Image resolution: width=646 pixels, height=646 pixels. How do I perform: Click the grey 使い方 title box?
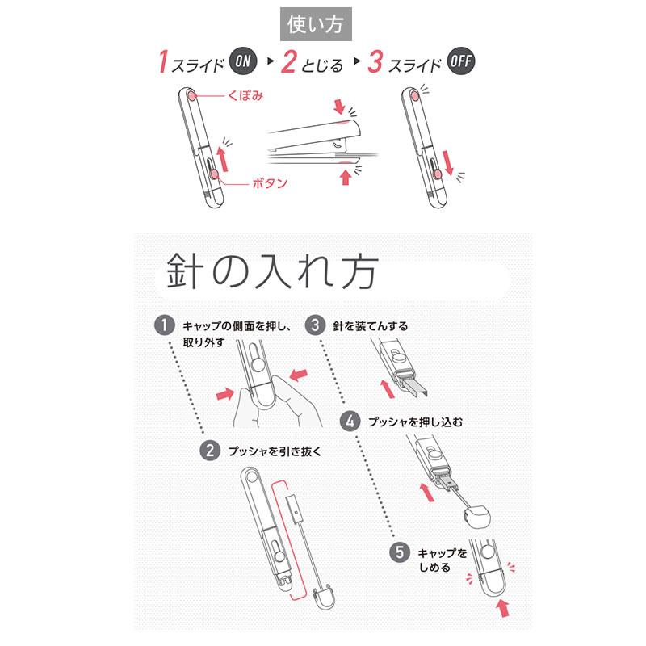tap(316, 24)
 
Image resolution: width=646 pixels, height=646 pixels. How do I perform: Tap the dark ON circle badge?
tap(243, 61)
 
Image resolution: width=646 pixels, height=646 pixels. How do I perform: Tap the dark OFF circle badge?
tap(460, 61)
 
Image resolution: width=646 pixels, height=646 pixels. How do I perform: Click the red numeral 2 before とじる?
tap(289, 62)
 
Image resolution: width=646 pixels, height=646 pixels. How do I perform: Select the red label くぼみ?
tap(245, 96)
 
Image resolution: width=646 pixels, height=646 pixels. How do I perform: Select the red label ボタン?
tap(270, 183)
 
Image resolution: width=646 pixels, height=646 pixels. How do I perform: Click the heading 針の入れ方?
tap(272, 271)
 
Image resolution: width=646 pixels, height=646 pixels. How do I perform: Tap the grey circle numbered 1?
tap(165, 325)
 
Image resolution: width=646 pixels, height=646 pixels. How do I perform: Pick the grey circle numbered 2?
tap(210, 451)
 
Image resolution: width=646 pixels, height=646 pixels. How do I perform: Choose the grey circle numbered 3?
tap(315, 325)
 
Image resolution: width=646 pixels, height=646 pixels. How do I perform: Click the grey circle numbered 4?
tap(350, 422)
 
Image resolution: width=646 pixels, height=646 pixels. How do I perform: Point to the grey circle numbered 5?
tap(400, 552)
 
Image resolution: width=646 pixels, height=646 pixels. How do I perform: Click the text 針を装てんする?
tap(371, 326)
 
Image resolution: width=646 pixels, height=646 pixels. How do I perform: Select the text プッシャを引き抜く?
tap(275, 451)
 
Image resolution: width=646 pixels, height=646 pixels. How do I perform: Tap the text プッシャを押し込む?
tap(415, 422)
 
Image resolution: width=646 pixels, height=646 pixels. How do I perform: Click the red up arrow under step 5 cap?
tap(503, 608)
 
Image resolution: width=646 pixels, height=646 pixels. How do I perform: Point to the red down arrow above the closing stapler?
tap(339, 106)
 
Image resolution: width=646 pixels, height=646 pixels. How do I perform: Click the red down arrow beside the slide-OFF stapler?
tap(448, 163)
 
